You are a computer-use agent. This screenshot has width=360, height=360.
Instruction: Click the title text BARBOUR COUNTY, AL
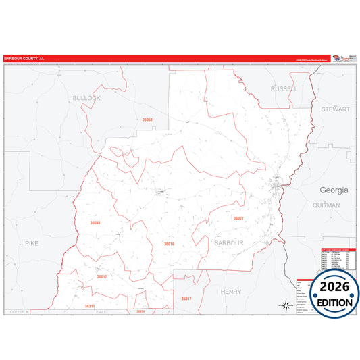click(x=24, y=59)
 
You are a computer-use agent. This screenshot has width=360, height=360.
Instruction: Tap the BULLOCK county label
click(x=86, y=98)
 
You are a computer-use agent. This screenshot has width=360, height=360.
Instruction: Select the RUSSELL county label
click(x=283, y=89)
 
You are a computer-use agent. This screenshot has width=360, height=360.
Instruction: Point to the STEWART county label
click(x=336, y=108)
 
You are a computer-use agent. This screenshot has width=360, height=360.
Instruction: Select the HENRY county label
click(x=230, y=291)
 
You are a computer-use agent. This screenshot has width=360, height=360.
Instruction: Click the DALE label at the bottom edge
click(x=102, y=312)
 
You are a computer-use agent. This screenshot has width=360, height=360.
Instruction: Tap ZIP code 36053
click(x=147, y=120)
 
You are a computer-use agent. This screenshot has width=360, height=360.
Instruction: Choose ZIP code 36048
click(x=95, y=222)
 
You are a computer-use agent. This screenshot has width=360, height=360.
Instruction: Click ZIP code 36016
click(x=169, y=244)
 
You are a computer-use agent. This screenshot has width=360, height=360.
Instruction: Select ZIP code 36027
click(x=238, y=218)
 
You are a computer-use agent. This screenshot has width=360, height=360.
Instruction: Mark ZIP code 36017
click(x=101, y=276)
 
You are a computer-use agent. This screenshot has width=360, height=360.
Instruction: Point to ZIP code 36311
click(x=90, y=306)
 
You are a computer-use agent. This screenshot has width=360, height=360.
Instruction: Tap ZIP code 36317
click(x=186, y=299)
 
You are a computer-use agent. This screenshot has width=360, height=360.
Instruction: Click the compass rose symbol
click(x=286, y=306)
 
